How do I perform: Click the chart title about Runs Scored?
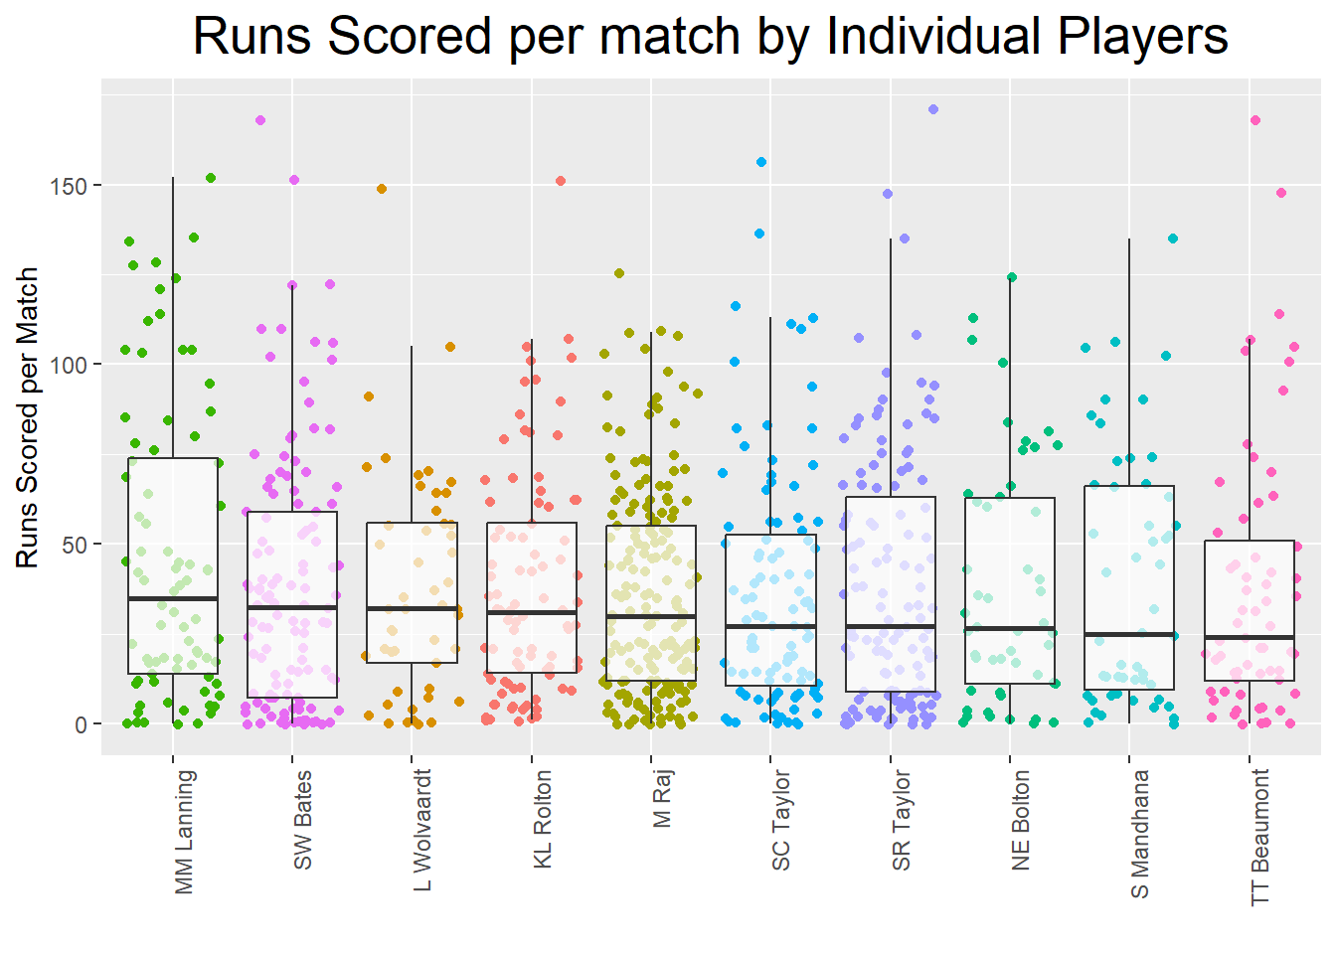pos(710,37)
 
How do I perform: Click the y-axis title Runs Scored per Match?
pos(27,417)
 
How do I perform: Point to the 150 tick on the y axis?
pos(69,186)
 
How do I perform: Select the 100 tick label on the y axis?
pos(69,365)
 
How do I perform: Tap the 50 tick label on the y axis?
pos(75,545)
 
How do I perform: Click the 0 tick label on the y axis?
pos(81,724)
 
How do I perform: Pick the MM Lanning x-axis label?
pos(184,832)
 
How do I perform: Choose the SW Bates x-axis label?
pos(303,820)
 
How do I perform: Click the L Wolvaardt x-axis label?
pos(422,830)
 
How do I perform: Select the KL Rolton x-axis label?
pos(543,820)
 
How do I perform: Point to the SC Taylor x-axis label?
pos(781,821)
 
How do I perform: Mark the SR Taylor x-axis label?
pos(902,821)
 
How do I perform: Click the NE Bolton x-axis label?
pos(1021,821)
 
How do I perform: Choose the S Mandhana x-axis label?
pos(1140,834)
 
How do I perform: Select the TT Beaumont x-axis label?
pos(1260,837)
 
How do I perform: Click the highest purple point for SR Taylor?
pos(933,109)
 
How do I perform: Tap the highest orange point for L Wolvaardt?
pos(382,189)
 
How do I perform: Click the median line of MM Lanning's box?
pos(173,599)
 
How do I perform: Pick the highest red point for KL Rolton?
pos(561,181)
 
